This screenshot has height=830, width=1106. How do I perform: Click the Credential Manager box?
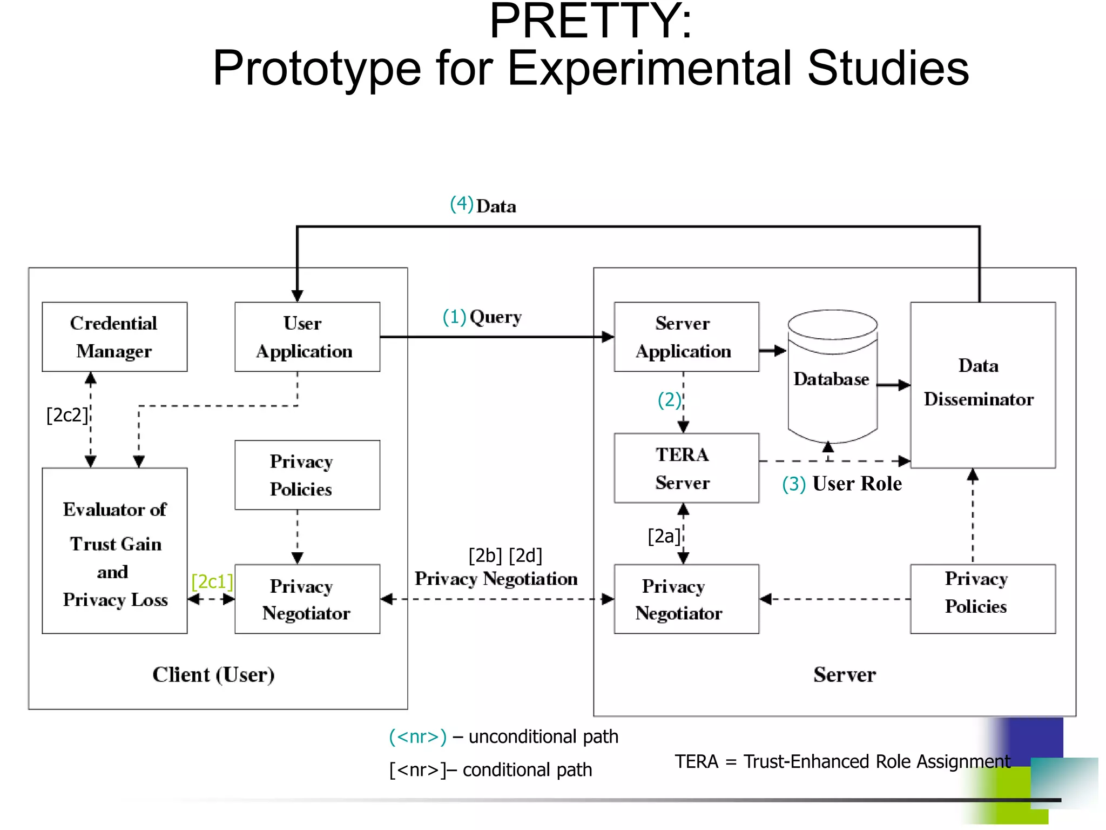click(x=114, y=337)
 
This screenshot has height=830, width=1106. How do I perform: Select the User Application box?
click(x=307, y=337)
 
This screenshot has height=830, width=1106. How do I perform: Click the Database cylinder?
click(x=832, y=378)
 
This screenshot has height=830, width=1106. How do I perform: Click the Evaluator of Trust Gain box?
click(x=114, y=551)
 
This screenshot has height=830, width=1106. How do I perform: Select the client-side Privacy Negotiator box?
click(x=307, y=599)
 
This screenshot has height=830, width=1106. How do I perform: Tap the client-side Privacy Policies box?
click(x=307, y=475)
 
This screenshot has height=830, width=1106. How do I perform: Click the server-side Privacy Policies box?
click(x=982, y=599)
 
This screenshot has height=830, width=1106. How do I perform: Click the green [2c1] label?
click(x=212, y=581)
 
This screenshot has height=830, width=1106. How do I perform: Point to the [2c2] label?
click(x=67, y=415)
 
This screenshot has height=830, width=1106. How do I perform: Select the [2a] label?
click(x=664, y=536)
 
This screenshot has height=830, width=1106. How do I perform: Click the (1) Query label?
click(x=482, y=317)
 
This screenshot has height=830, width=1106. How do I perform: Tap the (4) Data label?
click(x=483, y=205)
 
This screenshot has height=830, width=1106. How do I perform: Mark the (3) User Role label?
click(x=841, y=484)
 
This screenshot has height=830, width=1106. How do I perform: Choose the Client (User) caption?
click(x=213, y=674)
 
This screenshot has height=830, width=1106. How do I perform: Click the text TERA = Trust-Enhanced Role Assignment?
click(x=841, y=761)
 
